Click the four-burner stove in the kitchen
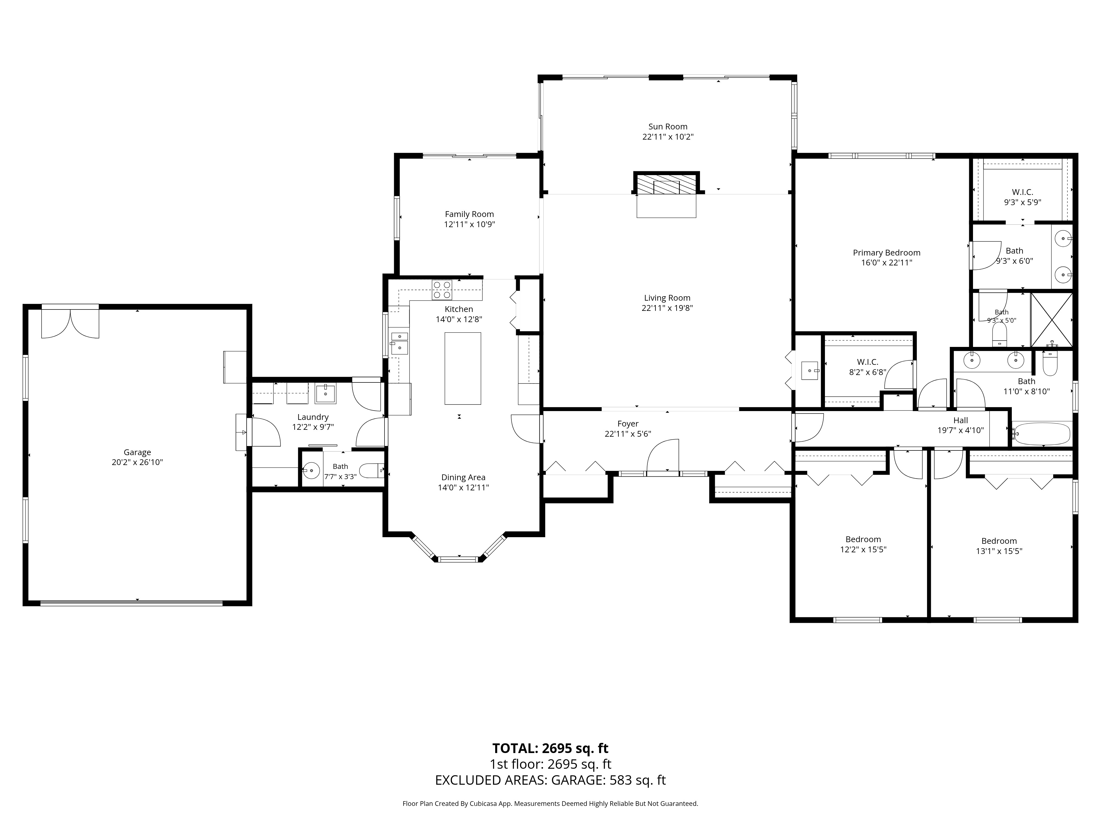[x=442, y=290]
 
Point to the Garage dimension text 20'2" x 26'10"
[x=137, y=462]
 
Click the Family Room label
[x=469, y=214]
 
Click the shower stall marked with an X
[x=1051, y=320]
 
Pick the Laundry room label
[x=313, y=417]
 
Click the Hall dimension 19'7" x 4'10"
[x=961, y=430]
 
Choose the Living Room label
[x=667, y=298]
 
